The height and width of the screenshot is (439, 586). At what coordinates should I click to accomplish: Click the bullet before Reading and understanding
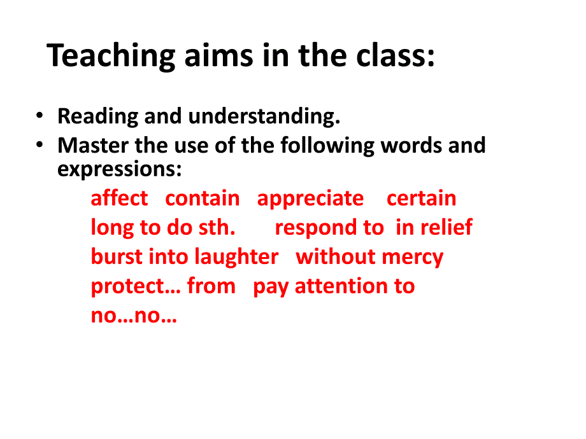pos(40,116)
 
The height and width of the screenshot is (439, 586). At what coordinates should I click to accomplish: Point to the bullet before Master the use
pos(40,145)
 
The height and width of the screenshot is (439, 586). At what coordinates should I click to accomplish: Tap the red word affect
pos(119,198)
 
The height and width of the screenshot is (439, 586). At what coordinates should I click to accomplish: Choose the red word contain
pos(203,198)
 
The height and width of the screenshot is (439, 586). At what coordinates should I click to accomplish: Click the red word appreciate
pos(310,199)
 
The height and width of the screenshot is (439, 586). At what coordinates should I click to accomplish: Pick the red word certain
pos(422,198)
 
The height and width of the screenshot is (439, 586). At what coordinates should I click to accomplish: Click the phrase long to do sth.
pos(163,228)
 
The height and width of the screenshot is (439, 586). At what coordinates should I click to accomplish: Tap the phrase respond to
pos(329,228)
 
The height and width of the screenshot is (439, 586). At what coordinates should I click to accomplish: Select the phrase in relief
pos(434,227)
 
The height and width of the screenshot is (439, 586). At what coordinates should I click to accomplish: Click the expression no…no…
pos(134,316)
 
